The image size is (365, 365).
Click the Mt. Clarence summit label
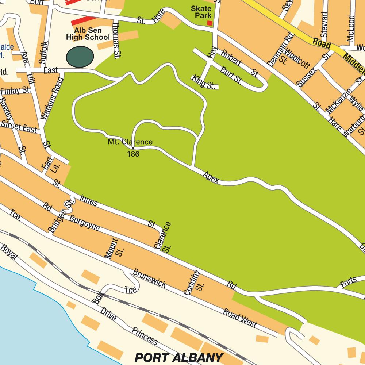click(x=130, y=142)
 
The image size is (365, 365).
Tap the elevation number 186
click(x=133, y=154)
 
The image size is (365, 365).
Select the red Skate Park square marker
click(x=210, y=23)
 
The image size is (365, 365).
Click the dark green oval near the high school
click(x=80, y=57)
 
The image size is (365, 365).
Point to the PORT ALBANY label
click(x=178, y=357)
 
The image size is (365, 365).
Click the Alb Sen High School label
click(x=88, y=34)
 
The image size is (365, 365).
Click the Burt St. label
click(x=231, y=74)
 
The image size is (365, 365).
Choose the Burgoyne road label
click(x=84, y=223)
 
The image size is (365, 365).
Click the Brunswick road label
click(x=150, y=278)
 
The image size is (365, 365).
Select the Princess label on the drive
click(x=145, y=335)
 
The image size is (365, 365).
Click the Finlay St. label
click(x=15, y=90)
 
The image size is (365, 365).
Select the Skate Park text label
click(x=201, y=12)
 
